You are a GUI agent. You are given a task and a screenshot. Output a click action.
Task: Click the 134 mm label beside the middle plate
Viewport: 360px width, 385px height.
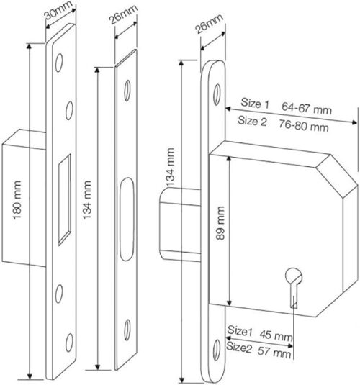click(87, 204)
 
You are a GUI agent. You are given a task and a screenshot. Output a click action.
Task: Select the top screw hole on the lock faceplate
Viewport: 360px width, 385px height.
click(213, 93)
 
